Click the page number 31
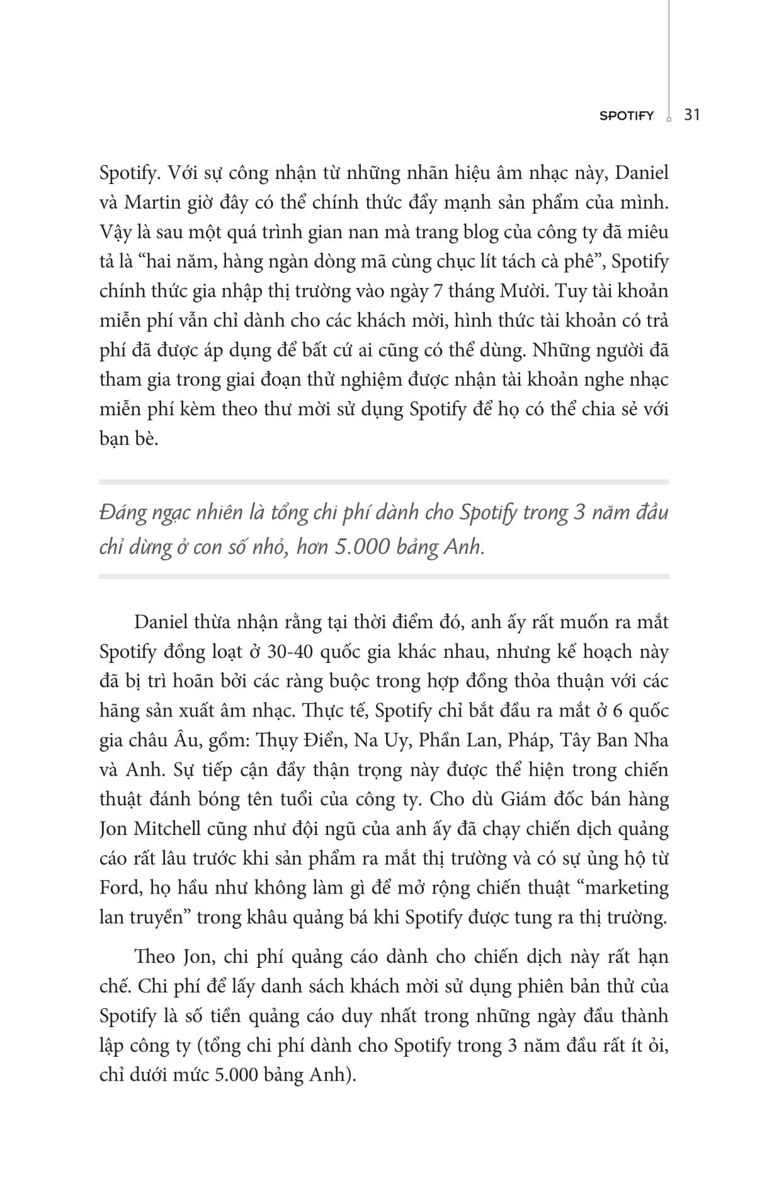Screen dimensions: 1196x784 (691, 115)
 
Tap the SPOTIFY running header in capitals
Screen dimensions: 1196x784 (627, 116)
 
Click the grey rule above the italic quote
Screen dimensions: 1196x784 (384, 482)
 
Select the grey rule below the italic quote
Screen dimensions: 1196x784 (384, 577)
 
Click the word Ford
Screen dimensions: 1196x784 (119, 888)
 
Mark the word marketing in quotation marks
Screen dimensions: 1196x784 (625, 888)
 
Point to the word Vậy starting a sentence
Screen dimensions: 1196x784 (116, 232)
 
